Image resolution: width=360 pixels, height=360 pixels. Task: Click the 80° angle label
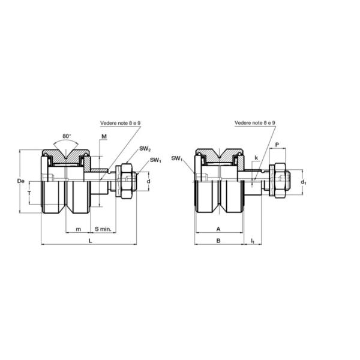[x=67, y=136]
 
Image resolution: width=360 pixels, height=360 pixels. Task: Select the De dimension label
[x=20, y=181]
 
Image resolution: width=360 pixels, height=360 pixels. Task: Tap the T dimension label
[x=29, y=193]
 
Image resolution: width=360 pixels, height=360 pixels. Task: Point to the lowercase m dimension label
[x=78, y=229]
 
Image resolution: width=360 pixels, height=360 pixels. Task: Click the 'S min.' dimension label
[x=103, y=229]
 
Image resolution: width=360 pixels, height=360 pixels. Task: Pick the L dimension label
[x=91, y=241]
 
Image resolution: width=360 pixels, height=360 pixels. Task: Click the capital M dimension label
[x=104, y=137]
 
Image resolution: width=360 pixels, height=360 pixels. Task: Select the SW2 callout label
[x=145, y=149]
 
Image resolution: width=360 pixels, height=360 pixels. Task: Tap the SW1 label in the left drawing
[x=155, y=160]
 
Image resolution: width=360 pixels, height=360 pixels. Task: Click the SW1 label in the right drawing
[x=177, y=158]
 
